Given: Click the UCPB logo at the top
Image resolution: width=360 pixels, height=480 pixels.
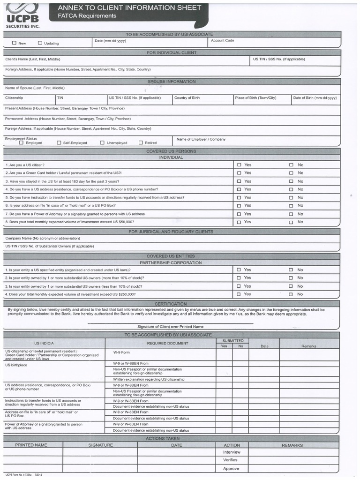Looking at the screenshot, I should (x=22, y=14).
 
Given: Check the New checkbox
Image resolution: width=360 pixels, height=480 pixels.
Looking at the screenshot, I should (x=14, y=43).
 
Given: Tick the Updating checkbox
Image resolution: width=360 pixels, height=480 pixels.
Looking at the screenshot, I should (x=40, y=43).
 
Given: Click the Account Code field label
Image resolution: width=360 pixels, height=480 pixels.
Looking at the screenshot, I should (x=222, y=41).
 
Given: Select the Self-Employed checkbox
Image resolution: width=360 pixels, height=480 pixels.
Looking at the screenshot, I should (x=59, y=142).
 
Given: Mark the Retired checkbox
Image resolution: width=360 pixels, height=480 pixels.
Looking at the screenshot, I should (x=141, y=142).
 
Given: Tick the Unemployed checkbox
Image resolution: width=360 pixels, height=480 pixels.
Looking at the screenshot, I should (x=102, y=142).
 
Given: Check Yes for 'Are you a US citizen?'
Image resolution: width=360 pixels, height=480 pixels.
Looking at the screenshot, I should (x=239, y=165).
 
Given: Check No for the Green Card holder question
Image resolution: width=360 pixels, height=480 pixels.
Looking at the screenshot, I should (x=291, y=173).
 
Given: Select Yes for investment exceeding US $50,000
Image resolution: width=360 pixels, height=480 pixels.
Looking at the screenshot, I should (x=239, y=222).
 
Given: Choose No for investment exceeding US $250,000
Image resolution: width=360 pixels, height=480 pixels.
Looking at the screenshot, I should (x=291, y=294).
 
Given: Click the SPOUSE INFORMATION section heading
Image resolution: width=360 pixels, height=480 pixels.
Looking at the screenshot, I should (x=172, y=82).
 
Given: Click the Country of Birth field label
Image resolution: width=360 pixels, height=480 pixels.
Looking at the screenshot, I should (x=187, y=98).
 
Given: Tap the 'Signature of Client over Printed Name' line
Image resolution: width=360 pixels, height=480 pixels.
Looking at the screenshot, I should (x=170, y=326).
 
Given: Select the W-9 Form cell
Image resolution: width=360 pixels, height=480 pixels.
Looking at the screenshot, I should (x=121, y=352).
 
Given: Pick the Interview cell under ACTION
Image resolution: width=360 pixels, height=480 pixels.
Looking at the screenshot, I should (x=231, y=452).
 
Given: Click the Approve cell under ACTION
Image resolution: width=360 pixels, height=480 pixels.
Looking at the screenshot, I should (x=231, y=468).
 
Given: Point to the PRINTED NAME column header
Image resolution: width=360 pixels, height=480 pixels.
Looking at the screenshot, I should (x=31, y=445).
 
